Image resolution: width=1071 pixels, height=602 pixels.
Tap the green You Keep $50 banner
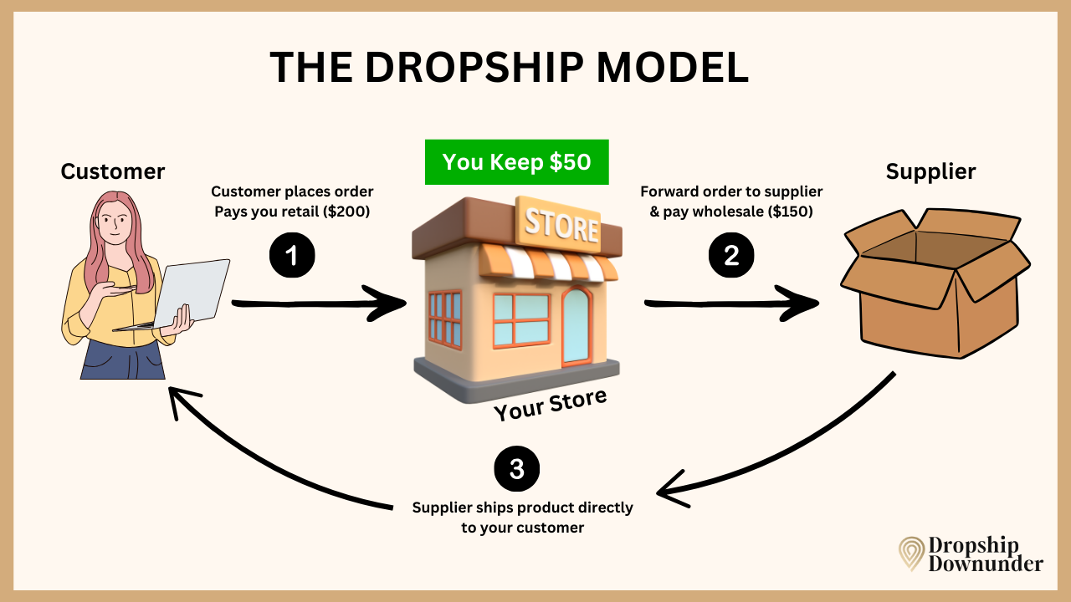[x=516, y=161]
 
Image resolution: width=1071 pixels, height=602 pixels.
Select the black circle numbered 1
[x=292, y=255]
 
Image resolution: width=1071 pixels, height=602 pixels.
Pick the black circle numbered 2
[x=731, y=255]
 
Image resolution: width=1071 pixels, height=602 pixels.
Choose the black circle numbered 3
[x=517, y=469]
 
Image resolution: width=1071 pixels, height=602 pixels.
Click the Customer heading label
[x=113, y=171]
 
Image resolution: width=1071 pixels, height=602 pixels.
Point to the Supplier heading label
[x=930, y=171]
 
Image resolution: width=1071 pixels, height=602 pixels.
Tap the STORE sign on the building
[x=561, y=225]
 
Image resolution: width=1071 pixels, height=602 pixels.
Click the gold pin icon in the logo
[x=911, y=554]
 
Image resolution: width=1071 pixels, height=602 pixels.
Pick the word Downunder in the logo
[x=986, y=564]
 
